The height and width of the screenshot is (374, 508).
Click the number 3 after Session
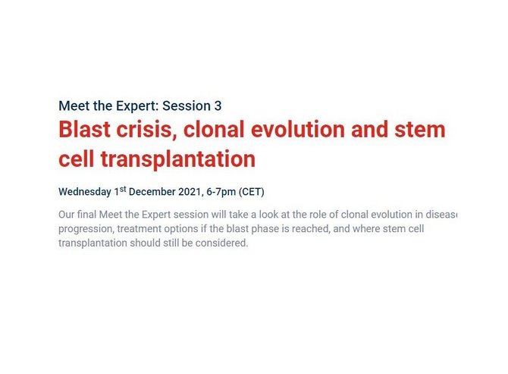(x=218, y=106)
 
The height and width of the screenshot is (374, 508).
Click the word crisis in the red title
(x=146, y=129)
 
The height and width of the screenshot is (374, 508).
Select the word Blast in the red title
(x=85, y=129)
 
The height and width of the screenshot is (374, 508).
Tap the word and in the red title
(x=369, y=129)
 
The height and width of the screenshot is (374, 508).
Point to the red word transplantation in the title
(x=178, y=159)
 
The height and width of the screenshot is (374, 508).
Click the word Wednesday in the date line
(x=85, y=192)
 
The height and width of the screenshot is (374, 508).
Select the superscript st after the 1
(x=123, y=189)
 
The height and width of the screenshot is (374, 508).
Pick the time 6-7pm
(x=221, y=192)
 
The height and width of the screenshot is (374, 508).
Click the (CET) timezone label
(x=252, y=192)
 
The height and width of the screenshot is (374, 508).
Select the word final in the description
(x=87, y=215)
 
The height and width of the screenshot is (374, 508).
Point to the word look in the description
(x=266, y=215)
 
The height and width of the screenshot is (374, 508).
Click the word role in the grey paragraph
(x=317, y=215)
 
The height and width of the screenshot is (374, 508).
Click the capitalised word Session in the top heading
(x=187, y=106)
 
